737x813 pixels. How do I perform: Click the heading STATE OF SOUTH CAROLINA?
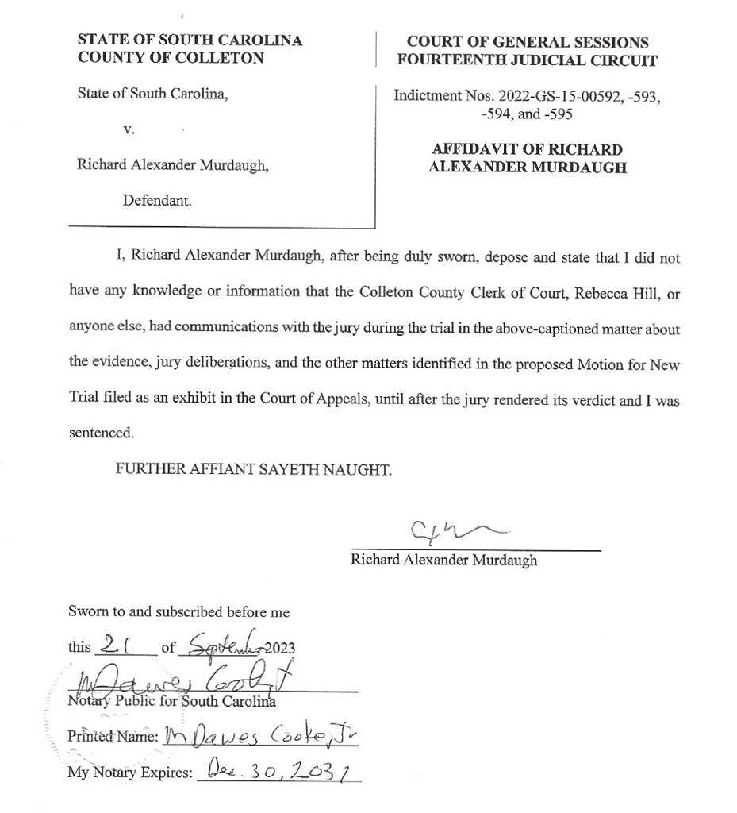coord(190,40)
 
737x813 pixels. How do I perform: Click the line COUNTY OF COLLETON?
coord(170,57)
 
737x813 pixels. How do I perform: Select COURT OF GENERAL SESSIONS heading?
coord(527,42)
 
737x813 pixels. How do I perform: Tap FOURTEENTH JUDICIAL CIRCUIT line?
coord(527,60)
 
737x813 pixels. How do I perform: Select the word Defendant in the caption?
coord(156,201)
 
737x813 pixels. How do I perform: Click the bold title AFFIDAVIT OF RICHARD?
coord(527,149)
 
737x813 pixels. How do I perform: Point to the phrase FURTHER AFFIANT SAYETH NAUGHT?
coord(254,469)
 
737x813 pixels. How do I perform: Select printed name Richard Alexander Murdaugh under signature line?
coord(443,560)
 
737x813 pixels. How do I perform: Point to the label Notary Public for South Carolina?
coord(171,701)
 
